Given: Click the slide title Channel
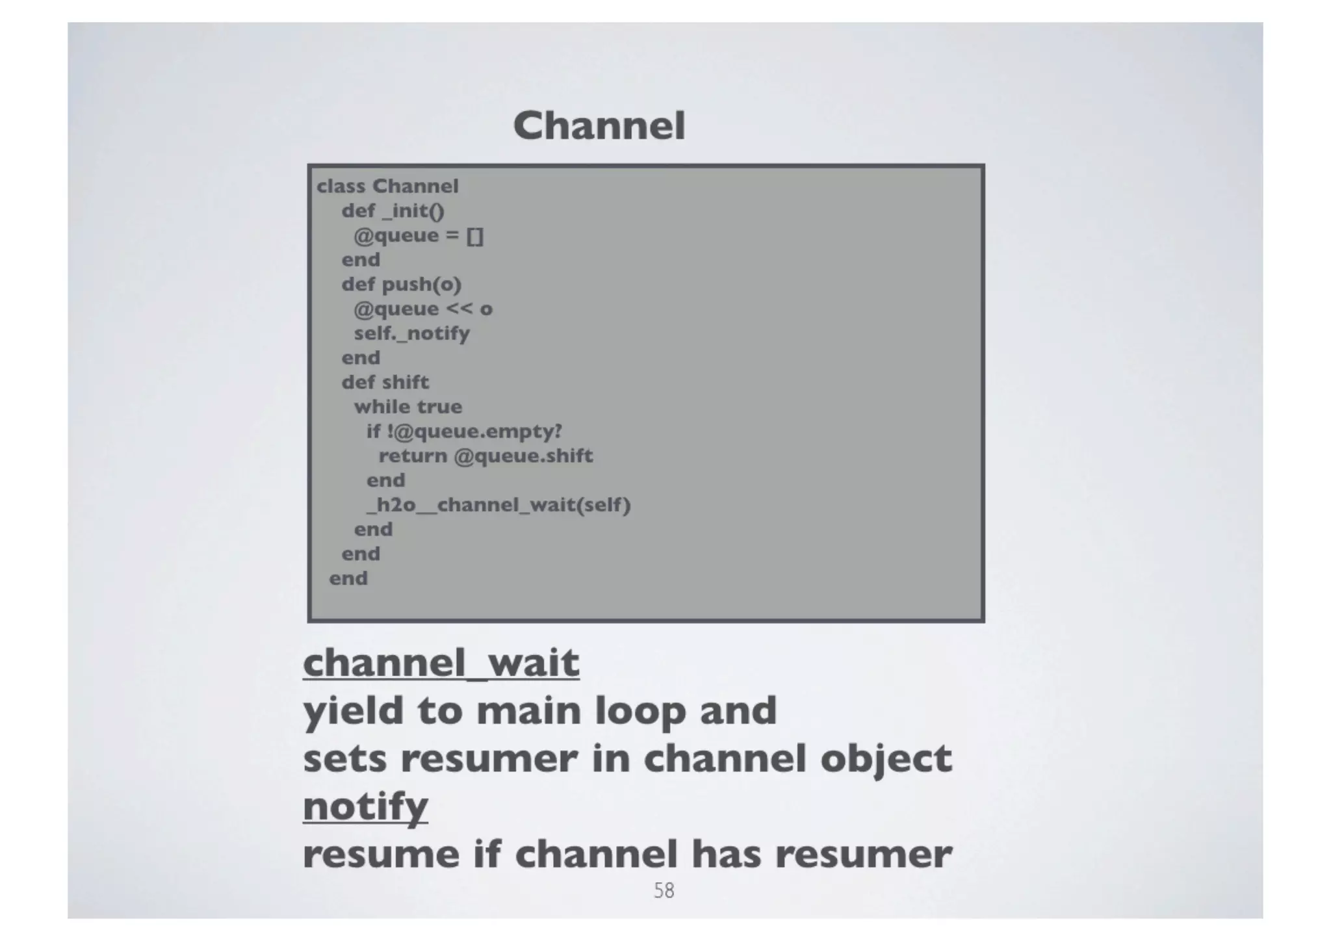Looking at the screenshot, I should coord(599,125).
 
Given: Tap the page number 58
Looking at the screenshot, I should coord(664,890).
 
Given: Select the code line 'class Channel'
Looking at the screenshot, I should coord(387,187).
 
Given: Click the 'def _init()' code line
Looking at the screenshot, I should coord(393,211).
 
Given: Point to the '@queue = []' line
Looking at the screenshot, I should coord(419,235).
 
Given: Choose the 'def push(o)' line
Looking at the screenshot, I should coord(401,285).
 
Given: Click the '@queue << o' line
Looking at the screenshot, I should coord(423,309).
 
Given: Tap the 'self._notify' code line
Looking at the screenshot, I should coord(411,333).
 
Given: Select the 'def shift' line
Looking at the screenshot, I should coord(385,382).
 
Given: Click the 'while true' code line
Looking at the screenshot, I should coord(408,407).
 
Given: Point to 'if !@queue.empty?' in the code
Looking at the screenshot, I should coord(464,432).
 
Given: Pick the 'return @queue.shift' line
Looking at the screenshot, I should coord(485,456).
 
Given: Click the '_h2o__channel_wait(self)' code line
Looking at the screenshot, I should coord(498,505).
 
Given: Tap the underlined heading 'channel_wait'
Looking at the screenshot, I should coord(441,663).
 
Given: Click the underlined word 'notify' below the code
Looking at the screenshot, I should coord(365,806).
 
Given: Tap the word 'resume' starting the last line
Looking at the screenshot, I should coord(381,854).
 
